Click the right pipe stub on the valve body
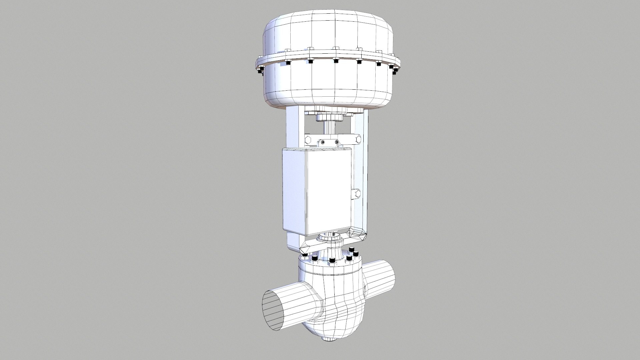click(381, 276)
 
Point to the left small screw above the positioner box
click(322, 143)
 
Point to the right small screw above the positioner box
click(337, 142)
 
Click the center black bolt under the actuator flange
click(336, 61)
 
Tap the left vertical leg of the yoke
click(293, 130)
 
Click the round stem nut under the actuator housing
click(330, 117)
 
